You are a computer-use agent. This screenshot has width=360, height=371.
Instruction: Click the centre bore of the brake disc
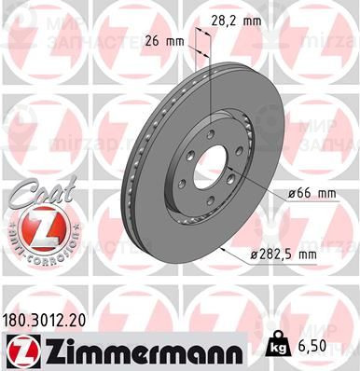click(x=214, y=158)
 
